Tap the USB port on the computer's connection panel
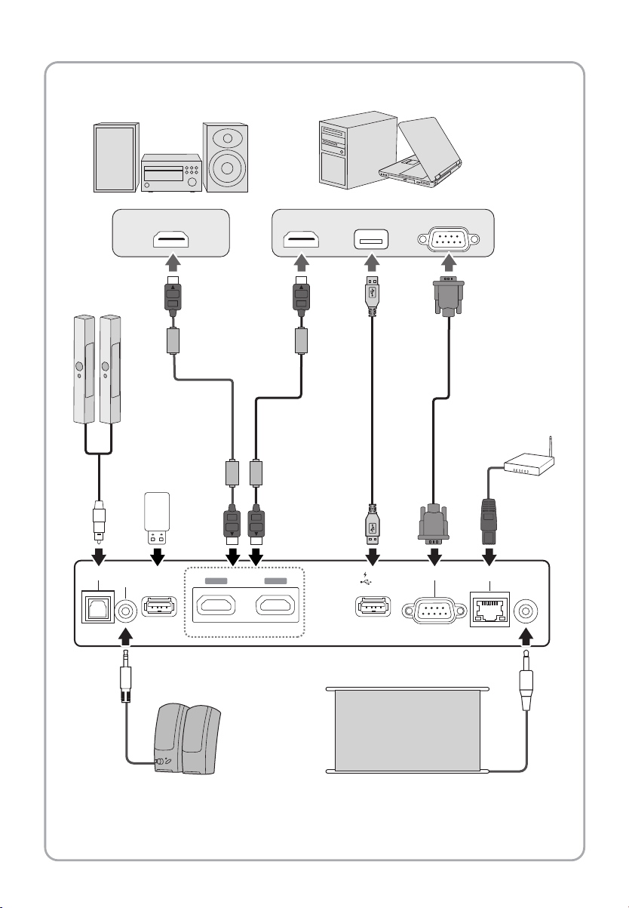click(372, 239)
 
